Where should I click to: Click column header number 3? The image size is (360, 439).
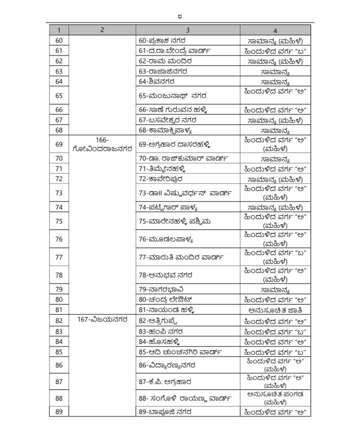pos(187,29)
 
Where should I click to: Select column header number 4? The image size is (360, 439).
pos(275,29)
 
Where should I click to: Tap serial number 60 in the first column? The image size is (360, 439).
pos(59,40)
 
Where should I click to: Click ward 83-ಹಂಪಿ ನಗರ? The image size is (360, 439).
pos(161,331)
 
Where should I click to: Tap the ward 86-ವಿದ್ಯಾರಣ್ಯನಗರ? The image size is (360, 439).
pos(167,365)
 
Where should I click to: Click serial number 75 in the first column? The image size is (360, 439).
pos(59,221)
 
